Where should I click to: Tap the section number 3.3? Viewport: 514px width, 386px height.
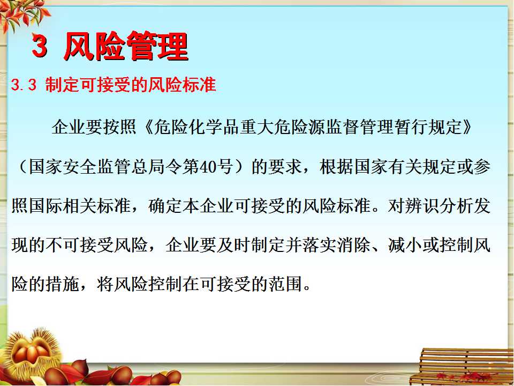(24, 85)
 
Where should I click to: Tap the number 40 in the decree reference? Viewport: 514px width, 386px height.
(208, 167)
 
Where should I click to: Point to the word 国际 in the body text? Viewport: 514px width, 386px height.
(45, 206)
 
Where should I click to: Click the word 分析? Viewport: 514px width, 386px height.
(456, 206)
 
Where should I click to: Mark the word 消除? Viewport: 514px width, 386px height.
(354, 245)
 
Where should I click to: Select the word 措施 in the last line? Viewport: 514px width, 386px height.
(62, 284)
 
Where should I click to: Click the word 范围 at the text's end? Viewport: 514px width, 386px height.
(285, 284)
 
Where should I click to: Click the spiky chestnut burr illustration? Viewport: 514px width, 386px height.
(33, 353)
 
